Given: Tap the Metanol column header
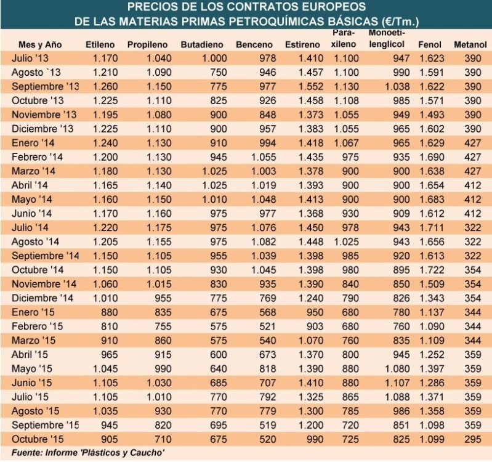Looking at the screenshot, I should (x=470, y=44).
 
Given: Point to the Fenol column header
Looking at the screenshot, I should (x=430, y=44).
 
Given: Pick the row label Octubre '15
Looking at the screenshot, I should (x=39, y=439).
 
